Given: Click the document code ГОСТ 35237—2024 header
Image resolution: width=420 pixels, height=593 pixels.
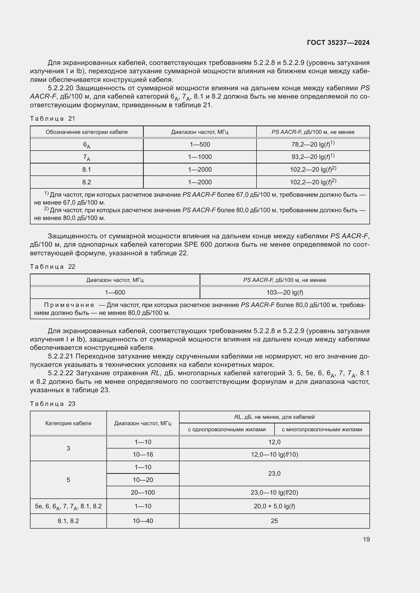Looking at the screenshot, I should point(338,43).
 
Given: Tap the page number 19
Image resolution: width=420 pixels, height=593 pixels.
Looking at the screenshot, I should point(366,539).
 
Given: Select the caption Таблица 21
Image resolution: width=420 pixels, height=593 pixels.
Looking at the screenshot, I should point(53,119).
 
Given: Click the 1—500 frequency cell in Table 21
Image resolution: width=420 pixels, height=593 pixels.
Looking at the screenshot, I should point(200,144).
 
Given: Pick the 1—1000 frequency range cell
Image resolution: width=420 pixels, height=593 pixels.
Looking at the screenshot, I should point(200,157).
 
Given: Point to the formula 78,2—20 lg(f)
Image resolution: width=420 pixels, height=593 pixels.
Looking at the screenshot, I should point(313,144).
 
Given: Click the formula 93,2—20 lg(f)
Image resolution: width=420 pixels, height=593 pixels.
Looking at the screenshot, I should point(313,157).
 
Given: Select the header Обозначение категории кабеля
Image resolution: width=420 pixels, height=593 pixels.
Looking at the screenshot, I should point(87,132).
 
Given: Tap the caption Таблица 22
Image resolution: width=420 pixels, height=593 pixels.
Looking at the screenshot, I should point(53,266).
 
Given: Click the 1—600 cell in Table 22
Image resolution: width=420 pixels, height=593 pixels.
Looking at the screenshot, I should point(115,292).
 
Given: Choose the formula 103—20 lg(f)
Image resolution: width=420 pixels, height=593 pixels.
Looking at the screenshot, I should point(284,292).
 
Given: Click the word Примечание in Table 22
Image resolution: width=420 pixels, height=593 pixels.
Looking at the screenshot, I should point(69,305).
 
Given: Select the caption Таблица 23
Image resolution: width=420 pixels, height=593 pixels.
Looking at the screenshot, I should point(53,404).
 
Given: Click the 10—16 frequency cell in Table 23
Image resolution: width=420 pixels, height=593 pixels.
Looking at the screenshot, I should point(143,455).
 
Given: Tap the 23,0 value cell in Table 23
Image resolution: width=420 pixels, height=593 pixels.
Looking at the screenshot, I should point(274,473).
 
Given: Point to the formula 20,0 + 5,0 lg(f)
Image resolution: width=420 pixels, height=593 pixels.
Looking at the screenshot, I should point(274,506).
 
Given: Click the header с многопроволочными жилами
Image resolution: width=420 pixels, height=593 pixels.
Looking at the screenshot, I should point(322,429).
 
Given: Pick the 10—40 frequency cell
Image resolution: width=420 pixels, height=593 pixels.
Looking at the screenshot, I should point(143,521).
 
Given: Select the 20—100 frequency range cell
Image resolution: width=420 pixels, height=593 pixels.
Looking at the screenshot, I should point(143,493).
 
